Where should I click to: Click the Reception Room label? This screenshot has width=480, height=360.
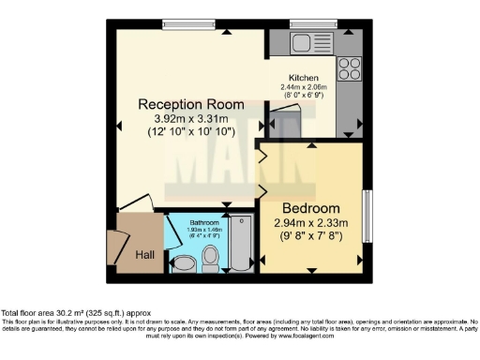191,104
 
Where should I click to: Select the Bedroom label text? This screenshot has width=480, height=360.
310,207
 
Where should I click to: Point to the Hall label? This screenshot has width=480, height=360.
143,254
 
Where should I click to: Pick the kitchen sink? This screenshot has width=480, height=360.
306,41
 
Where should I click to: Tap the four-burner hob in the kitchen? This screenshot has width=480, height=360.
350,67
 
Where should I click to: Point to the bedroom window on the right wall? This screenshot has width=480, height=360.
367,217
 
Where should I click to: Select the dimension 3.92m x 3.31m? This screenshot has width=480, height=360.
191,119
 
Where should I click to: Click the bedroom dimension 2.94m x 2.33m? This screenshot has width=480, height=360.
310,222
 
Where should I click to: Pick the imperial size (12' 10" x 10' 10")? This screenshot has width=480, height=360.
191,133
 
